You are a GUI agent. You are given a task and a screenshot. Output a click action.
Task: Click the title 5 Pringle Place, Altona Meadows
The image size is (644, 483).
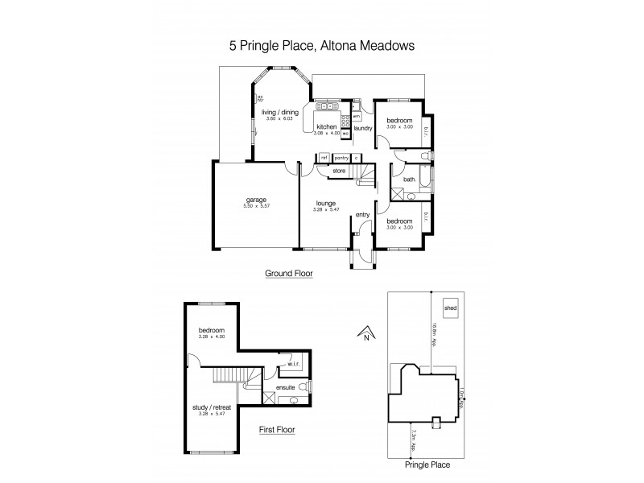point(322,46)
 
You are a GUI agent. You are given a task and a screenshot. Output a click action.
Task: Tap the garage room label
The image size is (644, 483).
point(257,200)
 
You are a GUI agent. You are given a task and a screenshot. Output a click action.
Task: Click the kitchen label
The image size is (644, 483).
point(325,127)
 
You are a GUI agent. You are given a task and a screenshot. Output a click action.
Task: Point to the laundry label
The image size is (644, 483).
point(361,127)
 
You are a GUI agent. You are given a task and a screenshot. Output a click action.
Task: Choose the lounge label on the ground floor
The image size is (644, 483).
point(325,203)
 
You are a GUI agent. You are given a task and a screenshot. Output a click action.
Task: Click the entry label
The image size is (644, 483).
point(362,213)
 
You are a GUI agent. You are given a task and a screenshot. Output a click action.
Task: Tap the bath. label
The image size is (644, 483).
point(409,180)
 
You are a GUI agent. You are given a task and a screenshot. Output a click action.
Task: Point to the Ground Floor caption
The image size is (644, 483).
point(289,274)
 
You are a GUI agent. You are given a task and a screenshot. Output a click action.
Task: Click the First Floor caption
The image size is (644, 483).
point(276,430)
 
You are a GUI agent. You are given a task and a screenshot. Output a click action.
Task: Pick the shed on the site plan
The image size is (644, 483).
point(449,308)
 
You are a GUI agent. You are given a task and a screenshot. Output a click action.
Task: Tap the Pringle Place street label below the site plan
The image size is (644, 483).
point(428,464)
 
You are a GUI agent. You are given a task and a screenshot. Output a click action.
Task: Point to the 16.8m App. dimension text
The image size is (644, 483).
point(432,332)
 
